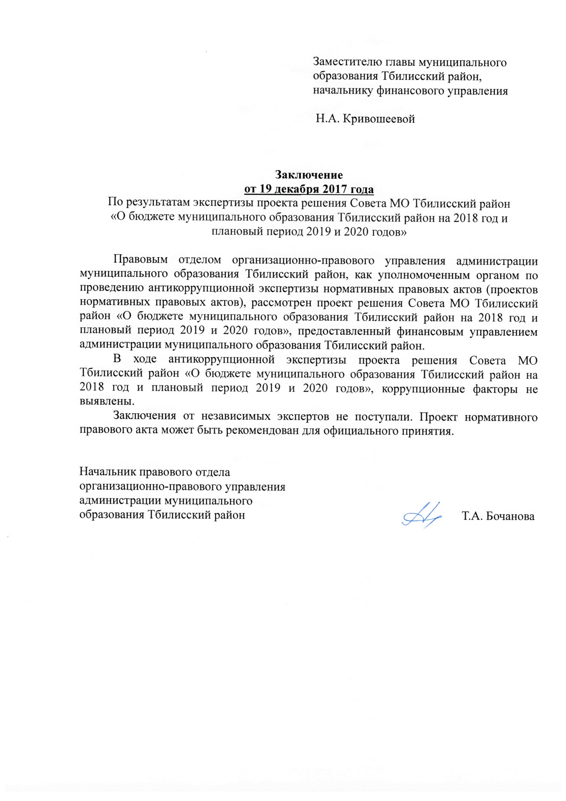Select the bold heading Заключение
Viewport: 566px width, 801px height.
click(x=309, y=174)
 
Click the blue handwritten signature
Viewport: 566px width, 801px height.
click(x=422, y=515)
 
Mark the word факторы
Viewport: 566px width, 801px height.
click(x=495, y=389)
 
